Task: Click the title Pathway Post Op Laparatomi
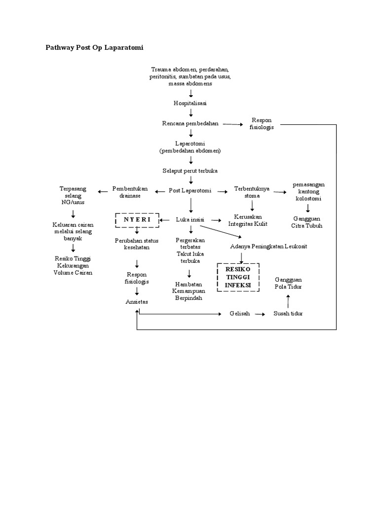pyautogui.click(x=94, y=48)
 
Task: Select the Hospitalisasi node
pyautogui.click(x=190, y=103)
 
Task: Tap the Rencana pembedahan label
pyautogui.click(x=190, y=124)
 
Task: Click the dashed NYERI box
pyautogui.click(x=137, y=220)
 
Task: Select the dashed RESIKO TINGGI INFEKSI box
pyautogui.click(x=238, y=277)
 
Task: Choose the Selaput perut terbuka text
pyautogui.click(x=190, y=171)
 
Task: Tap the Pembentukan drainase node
pyautogui.click(x=127, y=192)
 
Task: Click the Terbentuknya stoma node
pyautogui.click(x=252, y=192)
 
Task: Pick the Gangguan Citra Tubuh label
pyautogui.click(x=307, y=222)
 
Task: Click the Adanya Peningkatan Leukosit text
pyautogui.click(x=268, y=246)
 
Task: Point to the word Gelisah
pyautogui.click(x=240, y=314)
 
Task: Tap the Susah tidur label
pyautogui.click(x=288, y=314)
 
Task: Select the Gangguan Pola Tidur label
pyautogui.click(x=288, y=283)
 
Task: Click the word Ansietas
pyautogui.click(x=137, y=302)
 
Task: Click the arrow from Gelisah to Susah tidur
pyautogui.click(x=260, y=314)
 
